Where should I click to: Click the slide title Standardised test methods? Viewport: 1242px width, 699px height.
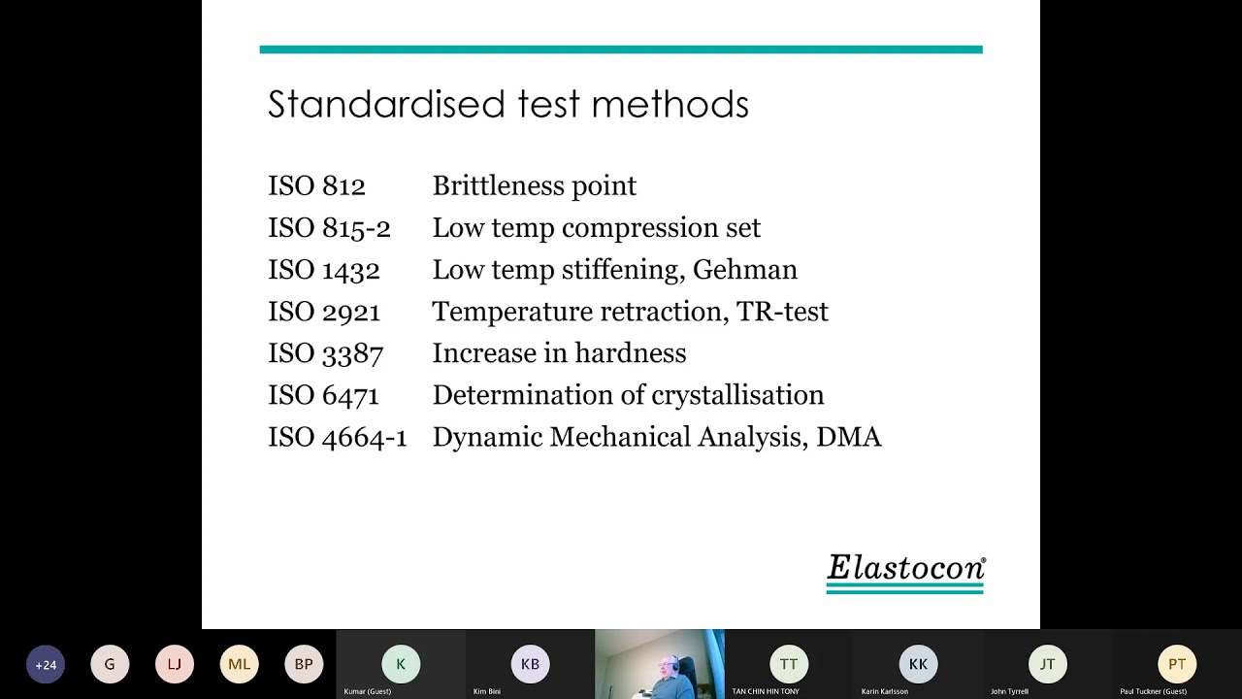pos(507,105)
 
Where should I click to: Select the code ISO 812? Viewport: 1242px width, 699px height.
pos(316,186)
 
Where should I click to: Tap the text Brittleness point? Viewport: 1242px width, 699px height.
pos(534,186)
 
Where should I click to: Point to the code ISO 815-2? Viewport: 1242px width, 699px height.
pos(329,228)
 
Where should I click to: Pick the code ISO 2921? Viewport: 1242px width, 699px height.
pos(324,312)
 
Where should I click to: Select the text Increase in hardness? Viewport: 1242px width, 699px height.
pos(559,353)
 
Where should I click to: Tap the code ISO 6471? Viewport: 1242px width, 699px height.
pos(323,395)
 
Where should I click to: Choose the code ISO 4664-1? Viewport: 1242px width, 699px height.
pos(337,437)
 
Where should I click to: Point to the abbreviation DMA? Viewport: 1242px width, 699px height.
pos(848,437)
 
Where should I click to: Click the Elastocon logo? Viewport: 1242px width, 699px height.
pos(905,572)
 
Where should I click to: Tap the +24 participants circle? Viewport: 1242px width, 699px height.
pos(46,665)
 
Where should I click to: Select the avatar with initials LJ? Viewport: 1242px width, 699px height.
pos(175,665)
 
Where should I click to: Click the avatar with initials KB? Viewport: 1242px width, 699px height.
pos(530,665)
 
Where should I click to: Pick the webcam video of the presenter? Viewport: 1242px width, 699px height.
pos(660,664)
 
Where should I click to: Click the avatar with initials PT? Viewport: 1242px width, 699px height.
pos(1177,665)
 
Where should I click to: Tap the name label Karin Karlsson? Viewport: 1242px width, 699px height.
pos(885,692)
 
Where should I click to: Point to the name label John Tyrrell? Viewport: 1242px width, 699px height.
pos(1010,692)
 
